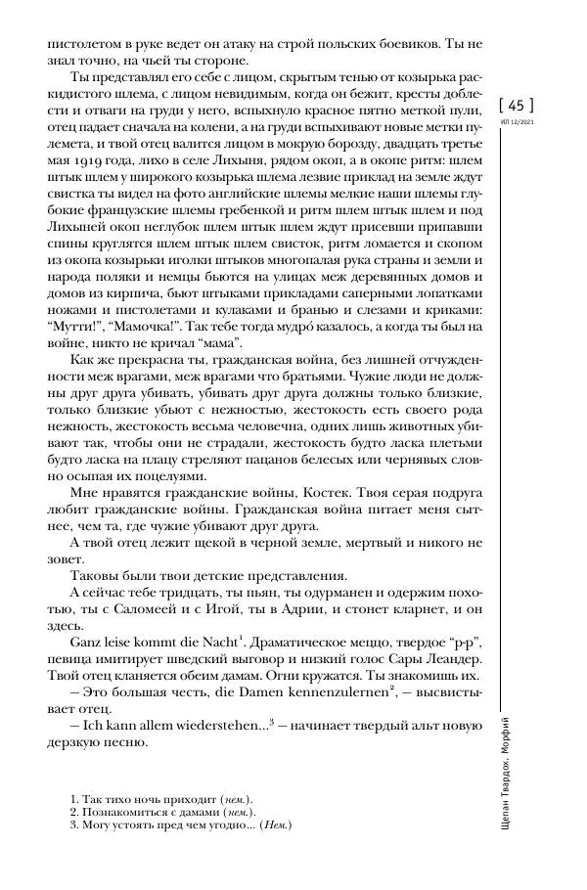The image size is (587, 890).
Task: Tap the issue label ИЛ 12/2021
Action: click(x=517, y=121)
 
